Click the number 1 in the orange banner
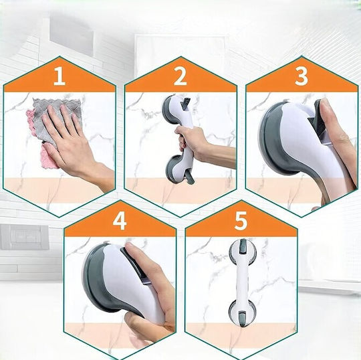pos(59,76)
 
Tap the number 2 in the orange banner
pos(180,76)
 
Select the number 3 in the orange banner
pos(302,76)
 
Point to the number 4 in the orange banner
pos(120,221)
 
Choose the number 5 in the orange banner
pos(241,221)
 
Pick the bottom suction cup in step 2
pos(176,169)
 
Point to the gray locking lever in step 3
pos(319,122)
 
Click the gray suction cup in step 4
pos(98,279)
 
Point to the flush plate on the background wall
pos(25,237)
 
